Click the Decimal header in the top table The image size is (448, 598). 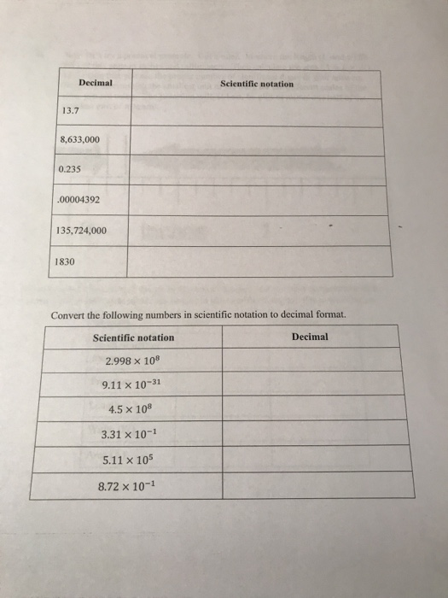tap(95, 84)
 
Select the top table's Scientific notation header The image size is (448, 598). tap(256, 84)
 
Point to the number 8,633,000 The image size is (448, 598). tap(81, 139)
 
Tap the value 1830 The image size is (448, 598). tap(65, 262)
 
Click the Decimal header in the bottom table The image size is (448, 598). tap(309, 337)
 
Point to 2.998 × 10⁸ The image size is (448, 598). tap(128, 361)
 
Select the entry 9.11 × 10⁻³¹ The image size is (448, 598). tap(130, 384)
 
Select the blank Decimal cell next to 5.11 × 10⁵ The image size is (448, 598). tap(317, 460)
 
